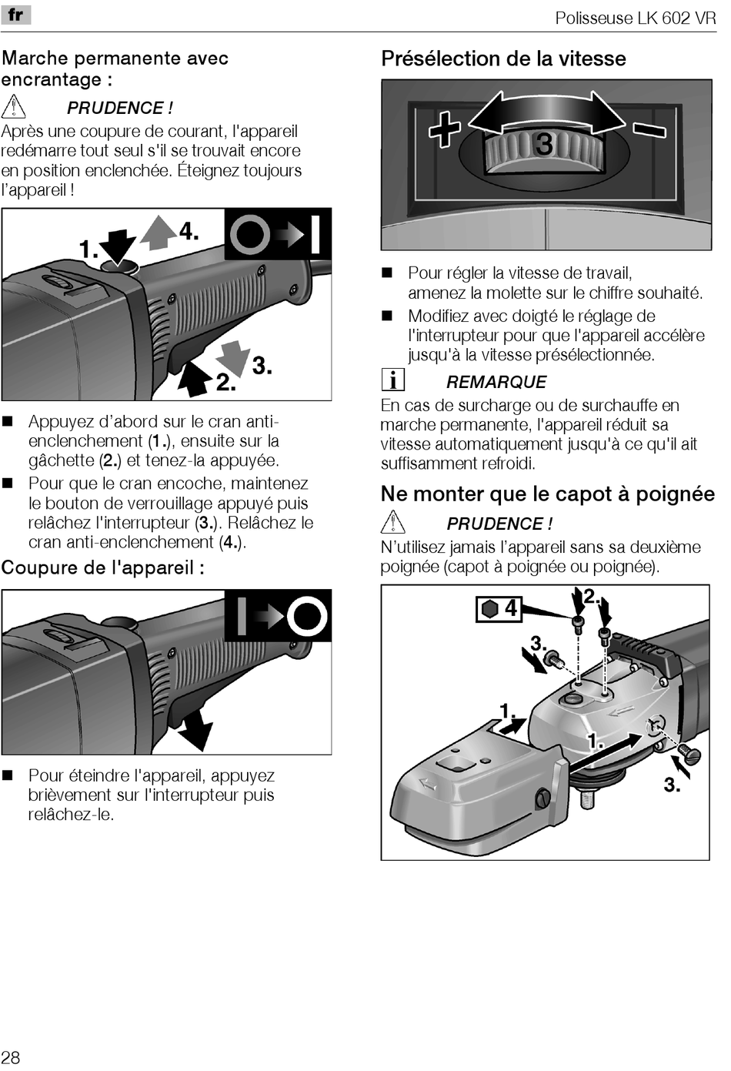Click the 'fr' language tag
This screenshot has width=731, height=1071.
15,15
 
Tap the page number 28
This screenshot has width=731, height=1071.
11,1056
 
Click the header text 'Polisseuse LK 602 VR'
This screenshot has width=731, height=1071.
635,18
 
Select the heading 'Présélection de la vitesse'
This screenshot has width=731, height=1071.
503,59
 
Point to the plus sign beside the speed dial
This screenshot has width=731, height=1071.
445,129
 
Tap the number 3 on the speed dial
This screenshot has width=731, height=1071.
544,144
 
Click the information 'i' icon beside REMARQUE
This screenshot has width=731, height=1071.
393,380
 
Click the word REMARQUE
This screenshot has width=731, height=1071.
496,382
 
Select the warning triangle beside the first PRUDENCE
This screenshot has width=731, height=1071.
14,106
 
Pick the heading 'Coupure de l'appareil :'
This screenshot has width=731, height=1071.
102,567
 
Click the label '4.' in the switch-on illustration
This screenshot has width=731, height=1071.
189,231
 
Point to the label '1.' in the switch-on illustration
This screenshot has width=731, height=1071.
88,249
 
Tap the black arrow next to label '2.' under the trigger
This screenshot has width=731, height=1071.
195,377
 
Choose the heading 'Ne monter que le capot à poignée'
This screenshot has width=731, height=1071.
547,494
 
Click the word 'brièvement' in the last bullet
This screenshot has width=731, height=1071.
70,795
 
